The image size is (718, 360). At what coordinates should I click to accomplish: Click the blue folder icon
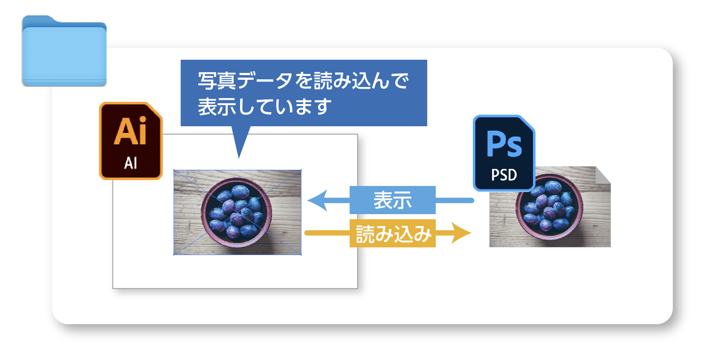(x=64, y=51)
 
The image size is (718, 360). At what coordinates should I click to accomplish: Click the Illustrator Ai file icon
(x=131, y=141)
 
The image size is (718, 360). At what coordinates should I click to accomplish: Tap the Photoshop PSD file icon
(x=504, y=153)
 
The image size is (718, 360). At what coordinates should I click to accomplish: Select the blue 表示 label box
(x=392, y=200)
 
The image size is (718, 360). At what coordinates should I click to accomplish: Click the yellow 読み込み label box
(x=392, y=233)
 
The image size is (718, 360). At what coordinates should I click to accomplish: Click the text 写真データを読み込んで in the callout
(x=303, y=81)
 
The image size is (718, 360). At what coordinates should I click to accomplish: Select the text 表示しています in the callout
(x=264, y=106)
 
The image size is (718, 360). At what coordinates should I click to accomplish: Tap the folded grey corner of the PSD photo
(x=602, y=175)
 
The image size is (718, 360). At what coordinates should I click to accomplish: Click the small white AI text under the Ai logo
(x=130, y=163)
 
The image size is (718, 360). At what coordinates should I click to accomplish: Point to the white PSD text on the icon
(x=504, y=175)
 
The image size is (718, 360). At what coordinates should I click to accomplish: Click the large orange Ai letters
(x=130, y=131)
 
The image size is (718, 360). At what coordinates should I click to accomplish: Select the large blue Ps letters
(x=504, y=144)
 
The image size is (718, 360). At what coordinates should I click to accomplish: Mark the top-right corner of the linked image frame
(x=301, y=170)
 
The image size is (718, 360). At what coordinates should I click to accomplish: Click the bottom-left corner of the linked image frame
(x=174, y=255)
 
